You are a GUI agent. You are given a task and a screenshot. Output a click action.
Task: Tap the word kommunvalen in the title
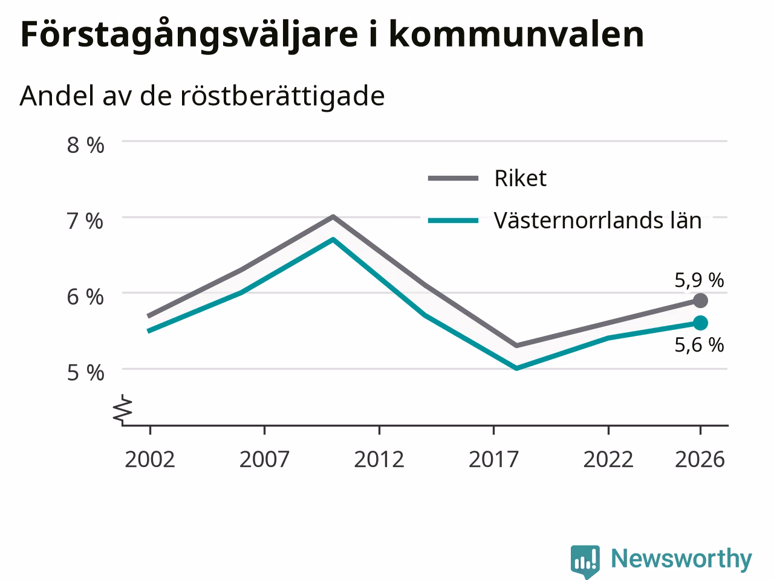click(x=516, y=34)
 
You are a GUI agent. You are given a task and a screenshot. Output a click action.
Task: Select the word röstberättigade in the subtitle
click(x=282, y=96)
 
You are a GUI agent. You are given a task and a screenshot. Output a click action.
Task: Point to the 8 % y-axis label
click(x=86, y=146)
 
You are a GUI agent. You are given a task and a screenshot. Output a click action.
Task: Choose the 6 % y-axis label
click(x=86, y=297)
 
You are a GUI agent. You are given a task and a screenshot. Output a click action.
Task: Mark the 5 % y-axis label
click(x=86, y=373)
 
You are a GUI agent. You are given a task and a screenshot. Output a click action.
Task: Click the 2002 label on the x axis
click(x=150, y=459)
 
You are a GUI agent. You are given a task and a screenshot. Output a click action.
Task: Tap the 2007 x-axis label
click(x=264, y=459)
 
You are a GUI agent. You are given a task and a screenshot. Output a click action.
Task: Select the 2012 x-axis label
click(x=379, y=459)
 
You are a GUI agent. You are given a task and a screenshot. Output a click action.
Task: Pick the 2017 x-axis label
click(x=493, y=459)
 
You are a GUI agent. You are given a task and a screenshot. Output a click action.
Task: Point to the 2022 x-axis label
click(x=608, y=459)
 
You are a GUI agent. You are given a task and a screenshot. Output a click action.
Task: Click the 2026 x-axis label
click(x=700, y=459)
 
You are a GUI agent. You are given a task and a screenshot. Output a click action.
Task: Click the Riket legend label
click(x=521, y=178)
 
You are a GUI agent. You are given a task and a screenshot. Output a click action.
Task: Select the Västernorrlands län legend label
click(x=598, y=221)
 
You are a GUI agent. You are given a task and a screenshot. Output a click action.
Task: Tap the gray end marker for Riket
click(x=701, y=300)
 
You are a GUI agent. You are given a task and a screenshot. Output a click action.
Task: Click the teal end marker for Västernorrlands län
click(x=701, y=323)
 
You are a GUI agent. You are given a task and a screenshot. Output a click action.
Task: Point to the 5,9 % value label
click(x=699, y=281)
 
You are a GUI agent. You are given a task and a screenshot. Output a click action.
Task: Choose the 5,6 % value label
click(x=699, y=345)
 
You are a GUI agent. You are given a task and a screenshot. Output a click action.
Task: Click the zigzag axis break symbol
click(x=122, y=408)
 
